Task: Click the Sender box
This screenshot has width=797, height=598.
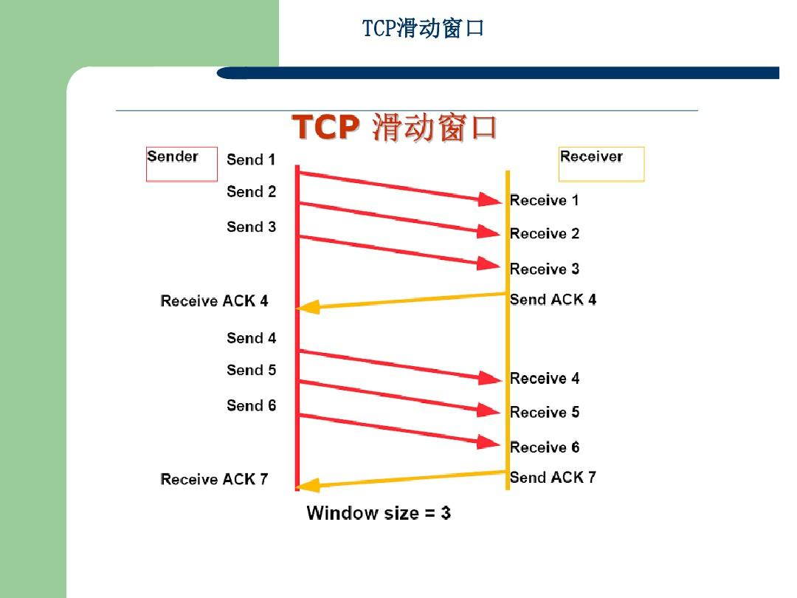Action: coord(182,164)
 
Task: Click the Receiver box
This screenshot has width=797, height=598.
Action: coord(601,164)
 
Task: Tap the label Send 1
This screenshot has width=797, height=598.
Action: coord(251,159)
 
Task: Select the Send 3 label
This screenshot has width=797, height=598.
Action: coord(251,227)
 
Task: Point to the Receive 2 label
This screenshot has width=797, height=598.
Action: coord(545,234)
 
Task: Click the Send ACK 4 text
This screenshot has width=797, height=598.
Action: coord(553,300)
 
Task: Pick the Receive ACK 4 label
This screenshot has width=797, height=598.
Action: coord(214,301)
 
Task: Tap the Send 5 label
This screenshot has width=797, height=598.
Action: coord(251,370)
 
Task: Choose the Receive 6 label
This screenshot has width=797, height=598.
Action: coord(545,447)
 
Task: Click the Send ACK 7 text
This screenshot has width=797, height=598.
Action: coord(553,478)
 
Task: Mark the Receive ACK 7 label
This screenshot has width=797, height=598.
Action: coord(214,480)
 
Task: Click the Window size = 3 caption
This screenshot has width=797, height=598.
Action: coord(379,513)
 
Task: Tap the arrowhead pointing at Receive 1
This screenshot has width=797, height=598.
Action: coord(491,199)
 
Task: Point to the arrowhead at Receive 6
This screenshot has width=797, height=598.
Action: coord(491,442)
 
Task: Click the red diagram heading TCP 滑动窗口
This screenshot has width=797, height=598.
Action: coord(395,128)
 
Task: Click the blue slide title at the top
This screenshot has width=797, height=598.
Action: coord(423,29)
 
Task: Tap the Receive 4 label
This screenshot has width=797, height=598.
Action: coord(545,379)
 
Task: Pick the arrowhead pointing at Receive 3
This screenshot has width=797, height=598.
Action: coord(491,264)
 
